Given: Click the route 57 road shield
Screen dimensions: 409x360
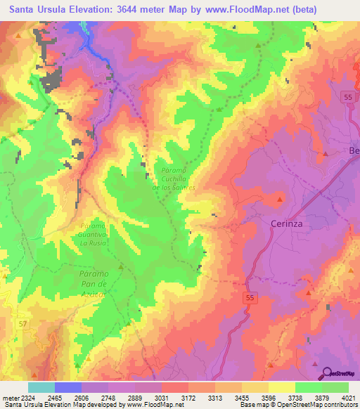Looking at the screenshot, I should tap(24, 323).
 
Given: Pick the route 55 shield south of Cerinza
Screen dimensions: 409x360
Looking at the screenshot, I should tap(250, 299).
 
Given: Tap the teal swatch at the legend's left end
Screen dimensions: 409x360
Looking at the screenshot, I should tap(41, 387).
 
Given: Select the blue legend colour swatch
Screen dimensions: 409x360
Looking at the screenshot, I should tap(67, 387).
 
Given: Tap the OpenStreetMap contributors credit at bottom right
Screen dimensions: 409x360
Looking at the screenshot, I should tap(323, 405).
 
